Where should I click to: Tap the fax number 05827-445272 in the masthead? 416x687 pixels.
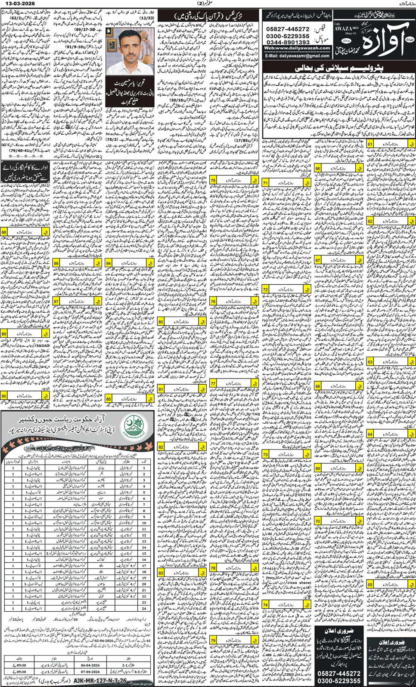tap(288, 29)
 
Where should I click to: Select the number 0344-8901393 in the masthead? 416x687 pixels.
tap(288, 43)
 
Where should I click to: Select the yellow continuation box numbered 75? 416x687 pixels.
tap(213, 181)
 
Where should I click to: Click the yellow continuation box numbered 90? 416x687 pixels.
tap(4, 395)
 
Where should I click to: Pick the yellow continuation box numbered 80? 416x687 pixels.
tap(161, 322)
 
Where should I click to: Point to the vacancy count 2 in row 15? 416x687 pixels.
tap(13, 554)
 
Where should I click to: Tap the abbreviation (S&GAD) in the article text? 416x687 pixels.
tap(42, 345)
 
